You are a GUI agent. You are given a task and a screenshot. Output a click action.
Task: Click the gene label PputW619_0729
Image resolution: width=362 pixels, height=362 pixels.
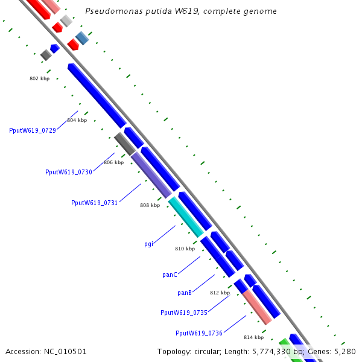(33, 130)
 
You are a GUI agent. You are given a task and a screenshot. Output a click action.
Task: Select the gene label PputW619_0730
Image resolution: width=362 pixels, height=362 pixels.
(69, 172)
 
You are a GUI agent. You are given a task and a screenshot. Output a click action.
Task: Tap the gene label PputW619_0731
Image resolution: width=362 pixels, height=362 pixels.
(94, 203)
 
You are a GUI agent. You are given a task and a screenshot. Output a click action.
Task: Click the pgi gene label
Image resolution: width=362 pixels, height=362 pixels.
(148, 244)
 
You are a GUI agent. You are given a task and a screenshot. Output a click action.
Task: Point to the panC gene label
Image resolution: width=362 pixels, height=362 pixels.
(170, 275)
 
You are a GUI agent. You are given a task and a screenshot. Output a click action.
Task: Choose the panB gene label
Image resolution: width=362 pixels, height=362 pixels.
(185, 293)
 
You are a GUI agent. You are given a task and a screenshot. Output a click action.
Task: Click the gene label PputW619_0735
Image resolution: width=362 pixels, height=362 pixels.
(183, 313)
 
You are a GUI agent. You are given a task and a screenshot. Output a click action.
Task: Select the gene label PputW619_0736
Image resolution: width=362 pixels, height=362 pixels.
(199, 333)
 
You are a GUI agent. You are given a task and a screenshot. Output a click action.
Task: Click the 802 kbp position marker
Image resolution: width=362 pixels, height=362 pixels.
(39, 78)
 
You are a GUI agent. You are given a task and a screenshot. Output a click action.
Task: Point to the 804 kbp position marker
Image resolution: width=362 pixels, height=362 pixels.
(77, 120)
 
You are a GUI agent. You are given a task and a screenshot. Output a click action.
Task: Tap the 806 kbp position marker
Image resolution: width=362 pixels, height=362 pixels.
(113, 162)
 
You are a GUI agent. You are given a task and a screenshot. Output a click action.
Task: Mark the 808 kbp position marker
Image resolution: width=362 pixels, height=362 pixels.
(150, 205)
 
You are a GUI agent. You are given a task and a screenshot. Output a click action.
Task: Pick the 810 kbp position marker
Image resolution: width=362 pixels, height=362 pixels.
(185, 249)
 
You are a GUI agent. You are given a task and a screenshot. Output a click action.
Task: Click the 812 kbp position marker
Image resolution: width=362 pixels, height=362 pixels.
(220, 293)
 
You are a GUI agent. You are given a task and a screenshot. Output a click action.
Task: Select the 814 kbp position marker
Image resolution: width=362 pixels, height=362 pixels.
(253, 337)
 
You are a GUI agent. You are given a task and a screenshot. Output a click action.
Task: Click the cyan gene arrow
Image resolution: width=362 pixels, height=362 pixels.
(186, 216)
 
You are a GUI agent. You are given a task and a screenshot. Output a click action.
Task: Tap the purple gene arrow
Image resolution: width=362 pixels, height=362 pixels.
(151, 175)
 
